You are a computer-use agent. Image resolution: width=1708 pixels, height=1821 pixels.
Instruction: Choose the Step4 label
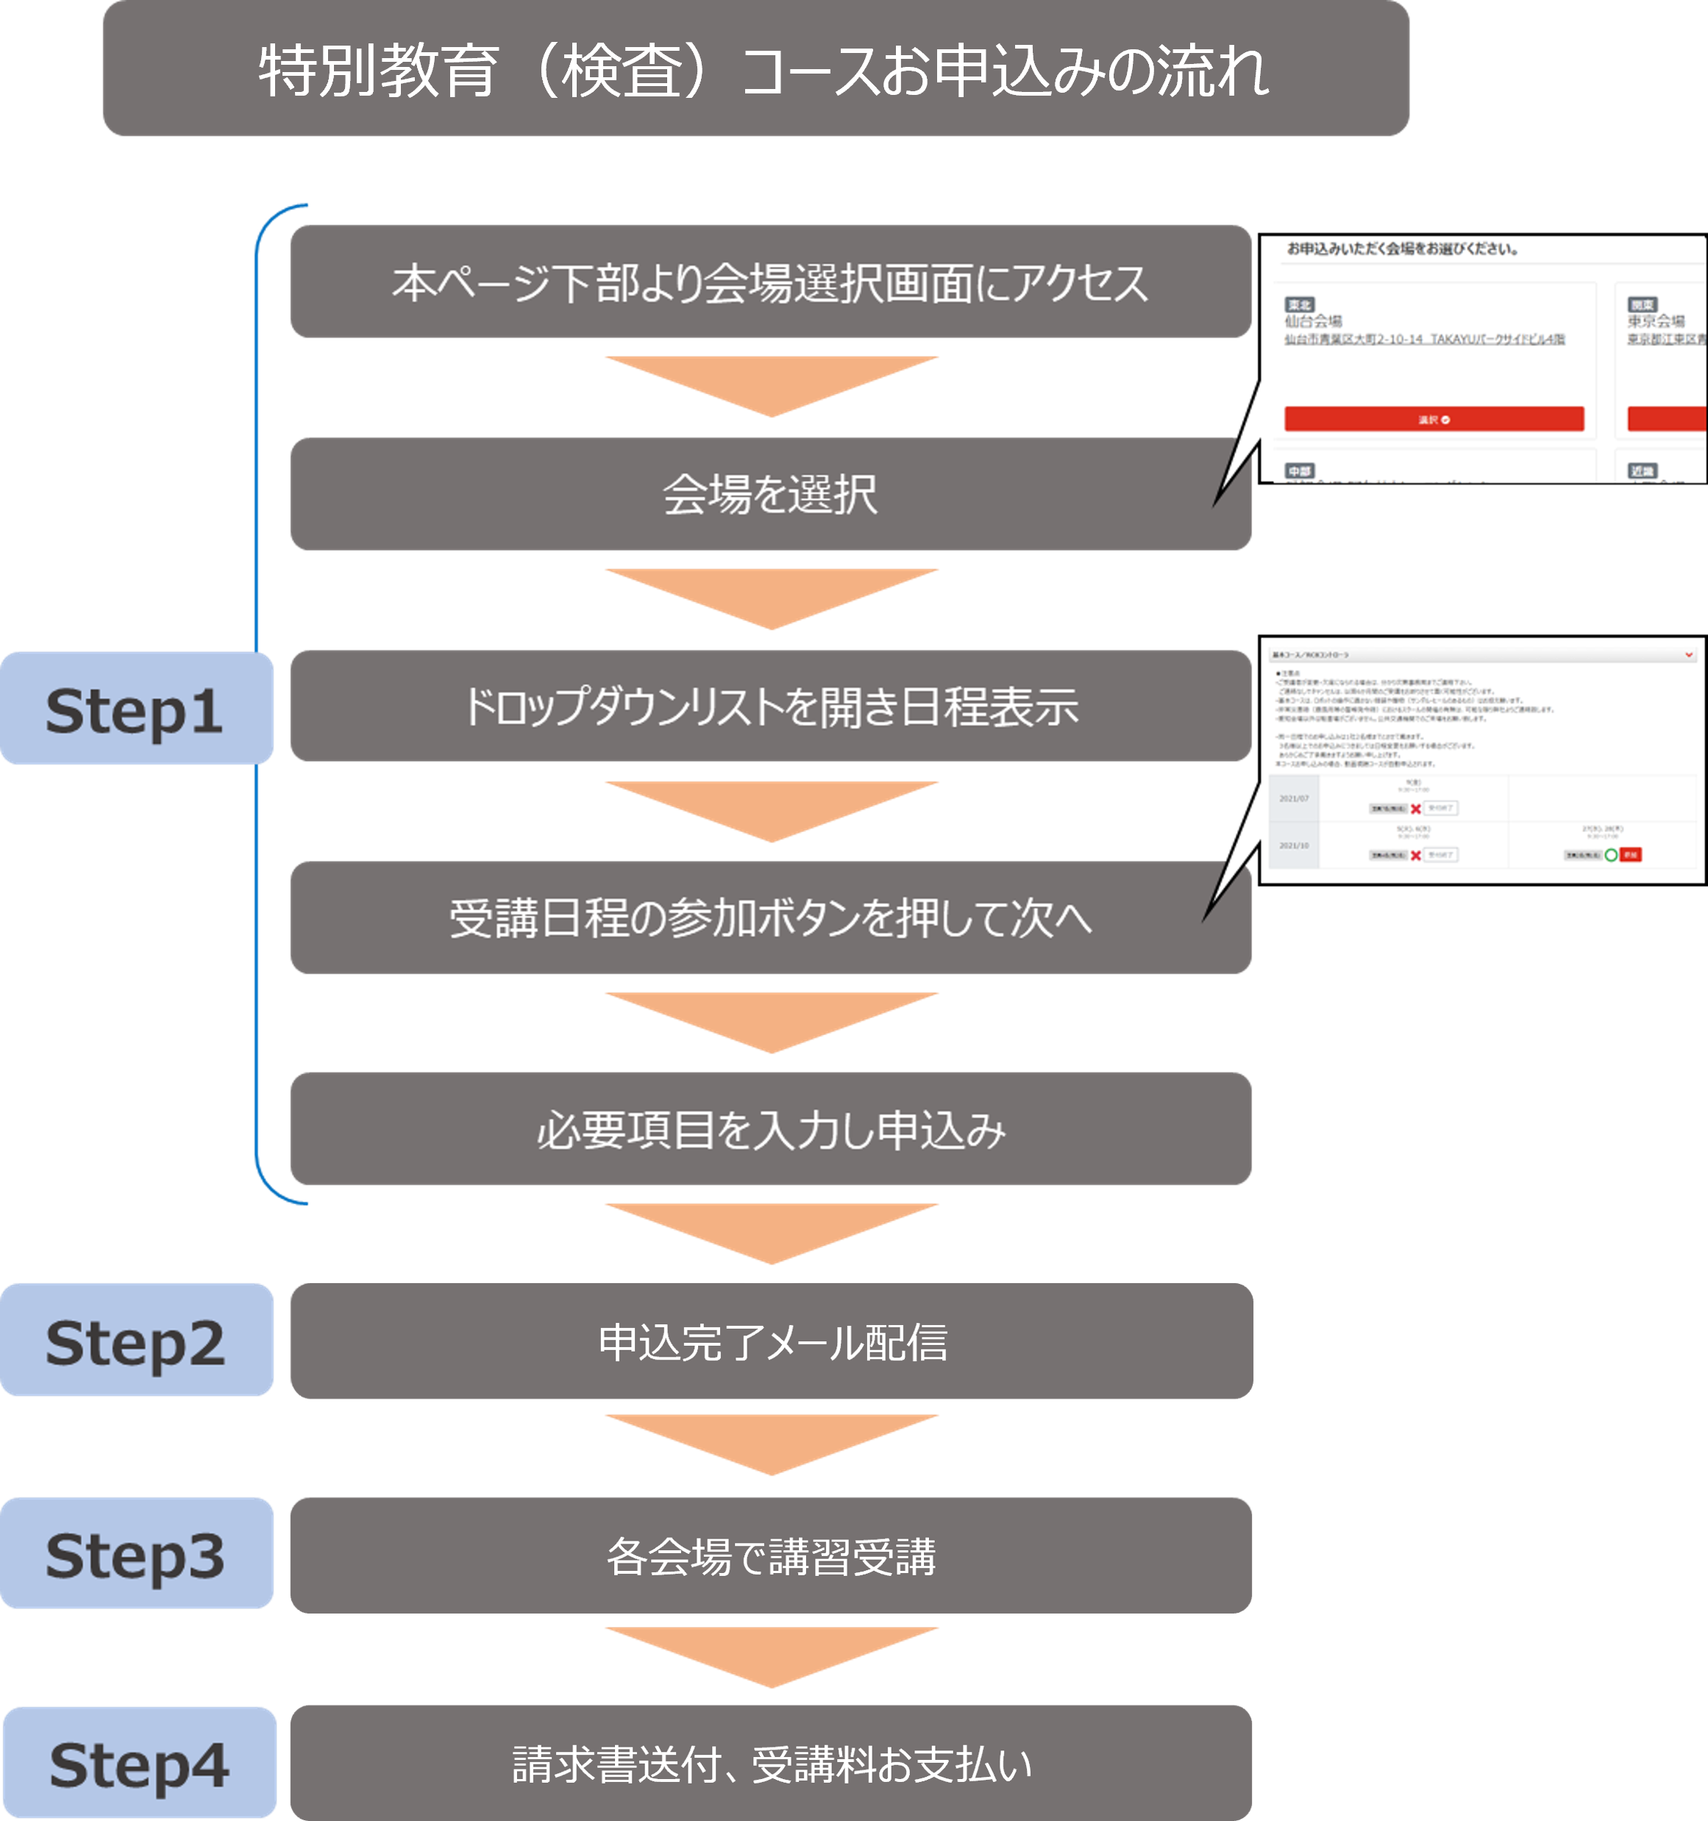tap(139, 1764)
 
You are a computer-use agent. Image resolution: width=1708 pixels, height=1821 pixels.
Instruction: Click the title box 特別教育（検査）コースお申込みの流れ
tap(755, 68)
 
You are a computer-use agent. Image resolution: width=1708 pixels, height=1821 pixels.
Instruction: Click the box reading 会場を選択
tap(770, 494)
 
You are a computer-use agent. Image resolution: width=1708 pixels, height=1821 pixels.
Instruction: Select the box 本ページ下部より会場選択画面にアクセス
tap(770, 282)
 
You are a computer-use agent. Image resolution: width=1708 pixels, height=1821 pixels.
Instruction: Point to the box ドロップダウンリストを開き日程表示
tap(770, 706)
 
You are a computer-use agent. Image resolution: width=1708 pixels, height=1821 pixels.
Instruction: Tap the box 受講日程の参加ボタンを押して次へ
tap(770, 917)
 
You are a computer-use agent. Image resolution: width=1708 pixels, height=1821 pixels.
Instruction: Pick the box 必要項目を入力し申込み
tap(770, 1129)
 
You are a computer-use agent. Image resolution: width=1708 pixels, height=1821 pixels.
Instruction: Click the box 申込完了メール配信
tap(770, 1341)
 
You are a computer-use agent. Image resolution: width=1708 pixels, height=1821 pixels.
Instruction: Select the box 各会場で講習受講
tap(770, 1555)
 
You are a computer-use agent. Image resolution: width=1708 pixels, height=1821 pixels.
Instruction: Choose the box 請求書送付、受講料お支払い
tap(770, 1764)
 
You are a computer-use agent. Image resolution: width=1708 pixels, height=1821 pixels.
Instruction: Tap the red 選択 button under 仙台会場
tap(1433, 419)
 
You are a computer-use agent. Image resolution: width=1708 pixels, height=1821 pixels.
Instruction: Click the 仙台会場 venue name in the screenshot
tap(1312, 321)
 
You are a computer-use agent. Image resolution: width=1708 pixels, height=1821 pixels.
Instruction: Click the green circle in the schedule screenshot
tap(1611, 855)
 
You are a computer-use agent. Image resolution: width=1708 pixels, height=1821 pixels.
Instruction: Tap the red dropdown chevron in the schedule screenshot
tap(1689, 655)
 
